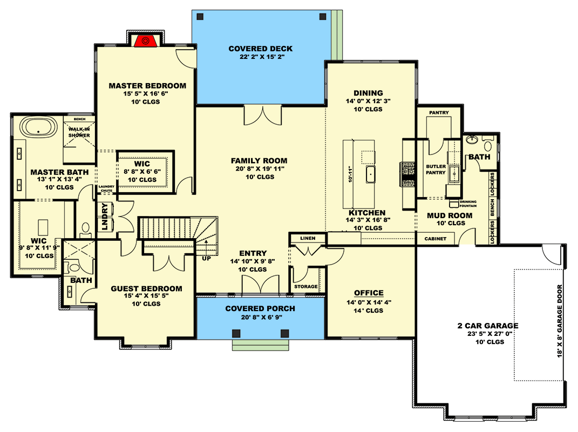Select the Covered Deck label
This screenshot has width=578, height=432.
(260, 49)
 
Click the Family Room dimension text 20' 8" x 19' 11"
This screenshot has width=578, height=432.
(259, 169)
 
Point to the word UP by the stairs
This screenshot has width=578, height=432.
(207, 259)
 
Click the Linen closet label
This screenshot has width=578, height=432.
(308, 238)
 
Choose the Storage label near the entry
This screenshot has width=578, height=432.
(306, 287)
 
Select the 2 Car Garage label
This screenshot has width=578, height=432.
(488, 326)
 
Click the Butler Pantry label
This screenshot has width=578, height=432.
(436, 170)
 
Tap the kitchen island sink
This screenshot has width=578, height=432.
(371, 174)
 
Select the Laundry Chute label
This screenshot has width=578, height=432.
(106, 189)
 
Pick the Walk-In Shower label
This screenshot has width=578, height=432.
(79, 132)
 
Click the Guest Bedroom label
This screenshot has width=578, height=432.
(146, 288)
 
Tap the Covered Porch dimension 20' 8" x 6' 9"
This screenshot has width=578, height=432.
(260, 317)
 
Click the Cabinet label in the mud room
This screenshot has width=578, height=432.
(435, 239)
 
